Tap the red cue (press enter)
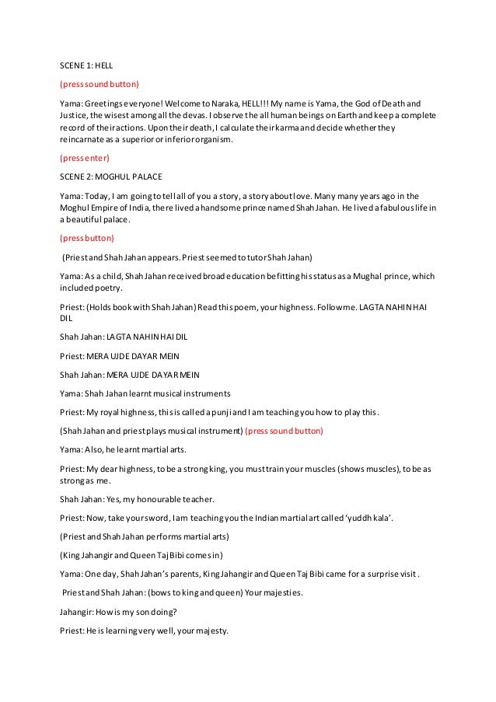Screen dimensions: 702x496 (x=85, y=157)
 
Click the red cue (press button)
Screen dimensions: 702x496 (x=87, y=238)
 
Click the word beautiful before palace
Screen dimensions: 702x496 (x=87, y=220)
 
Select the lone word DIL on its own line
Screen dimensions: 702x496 (x=65, y=318)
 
